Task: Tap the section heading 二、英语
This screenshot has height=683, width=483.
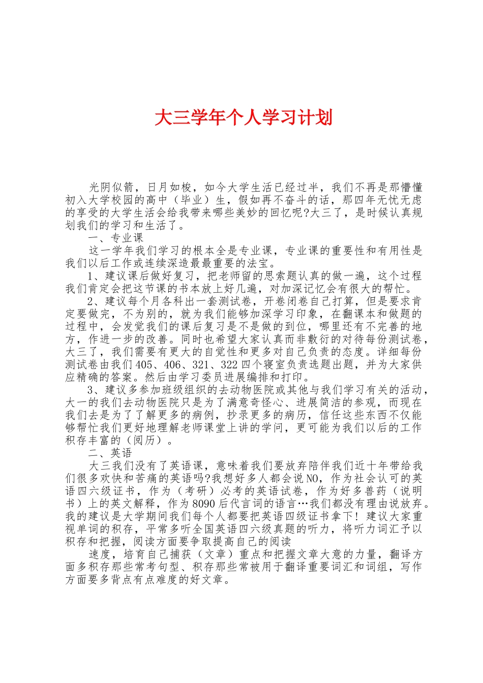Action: pos(110,453)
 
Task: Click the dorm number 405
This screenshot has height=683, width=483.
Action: pos(145,364)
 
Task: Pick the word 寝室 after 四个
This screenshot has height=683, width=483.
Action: pos(273,364)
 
